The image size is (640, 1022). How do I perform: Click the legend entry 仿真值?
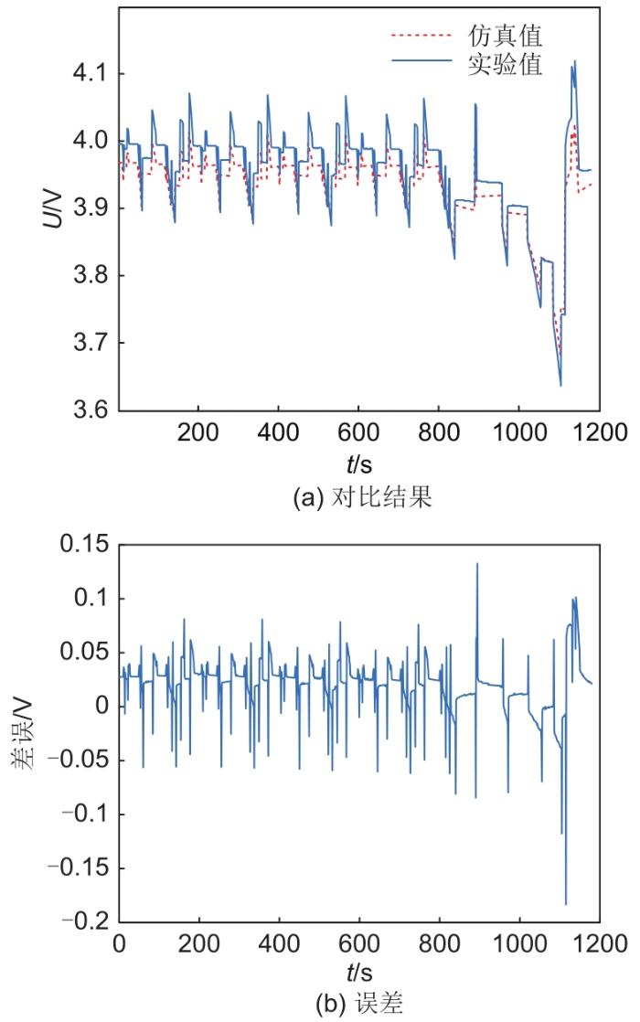(x=517, y=37)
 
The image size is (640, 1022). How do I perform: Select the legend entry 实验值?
(x=517, y=66)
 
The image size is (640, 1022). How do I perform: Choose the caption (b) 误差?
(x=358, y=1002)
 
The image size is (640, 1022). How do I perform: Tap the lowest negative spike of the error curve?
(x=566, y=904)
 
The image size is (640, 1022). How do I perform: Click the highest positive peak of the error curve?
(x=477, y=564)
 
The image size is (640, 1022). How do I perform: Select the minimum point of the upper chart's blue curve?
(x=560, y=386)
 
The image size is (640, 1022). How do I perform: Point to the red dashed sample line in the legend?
(x=421, y=37)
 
